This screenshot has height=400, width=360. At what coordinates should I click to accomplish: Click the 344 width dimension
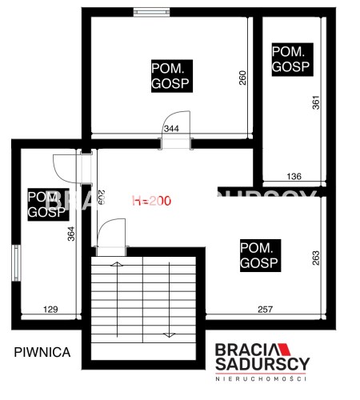click(171, 129)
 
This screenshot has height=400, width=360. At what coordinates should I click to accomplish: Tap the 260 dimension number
click(242, 78)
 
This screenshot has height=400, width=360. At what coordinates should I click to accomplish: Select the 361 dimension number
click(316, 102)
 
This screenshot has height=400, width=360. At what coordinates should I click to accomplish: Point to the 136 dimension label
click(294, 176)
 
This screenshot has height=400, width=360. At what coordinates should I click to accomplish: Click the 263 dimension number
click(315, 258)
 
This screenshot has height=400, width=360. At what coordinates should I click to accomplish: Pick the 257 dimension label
click(266, 310)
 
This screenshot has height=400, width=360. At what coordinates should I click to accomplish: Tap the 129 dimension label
click(50, 310)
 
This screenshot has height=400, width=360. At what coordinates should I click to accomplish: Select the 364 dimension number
click(71, 234)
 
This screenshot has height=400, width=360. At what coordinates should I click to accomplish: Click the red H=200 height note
click(152, 201)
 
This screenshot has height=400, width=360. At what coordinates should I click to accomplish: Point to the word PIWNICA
click(42, 352)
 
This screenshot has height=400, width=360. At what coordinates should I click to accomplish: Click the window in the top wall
click(152, 12)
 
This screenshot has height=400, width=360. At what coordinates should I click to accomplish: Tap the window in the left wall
click(17, 263)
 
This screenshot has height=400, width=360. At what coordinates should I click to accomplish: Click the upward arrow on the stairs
click(117, 299)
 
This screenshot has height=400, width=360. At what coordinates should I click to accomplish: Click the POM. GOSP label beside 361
click(293, 59)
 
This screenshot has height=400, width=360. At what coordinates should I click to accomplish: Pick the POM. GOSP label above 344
click(172, 76)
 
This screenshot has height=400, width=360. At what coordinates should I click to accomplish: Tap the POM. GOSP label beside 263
click(260, 255)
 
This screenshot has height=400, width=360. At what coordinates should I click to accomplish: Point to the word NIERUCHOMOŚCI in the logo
click(261, 379)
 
